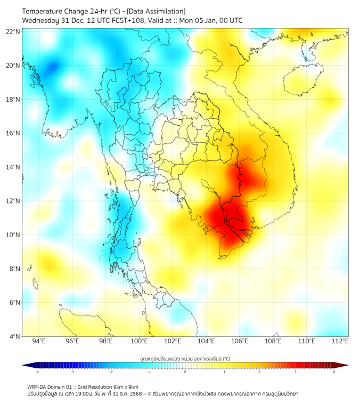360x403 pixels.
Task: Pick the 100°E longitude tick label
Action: point(139,341)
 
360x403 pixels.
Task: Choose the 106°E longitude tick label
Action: point(240,341)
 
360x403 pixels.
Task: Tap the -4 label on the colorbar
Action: point(37,372)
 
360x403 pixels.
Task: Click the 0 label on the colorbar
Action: point(185,372)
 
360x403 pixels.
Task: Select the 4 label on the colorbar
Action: point(334,372)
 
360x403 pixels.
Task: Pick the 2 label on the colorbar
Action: point(260,372)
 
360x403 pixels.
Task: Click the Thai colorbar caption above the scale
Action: point(185,358)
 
